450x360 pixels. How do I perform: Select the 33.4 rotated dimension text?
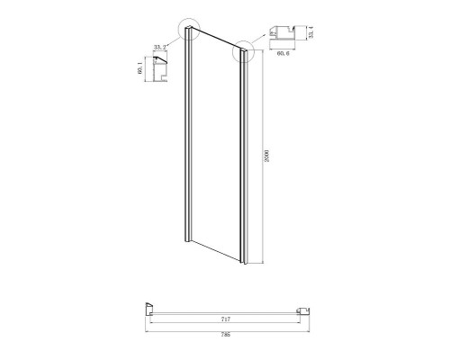point(311,34)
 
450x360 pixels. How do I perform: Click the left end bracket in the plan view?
point(148,309)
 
